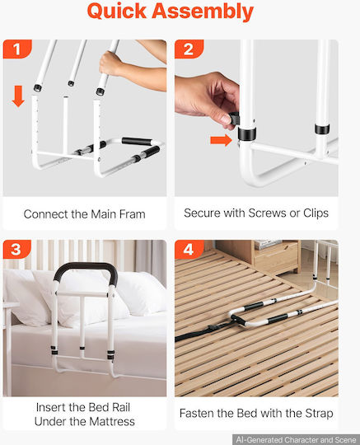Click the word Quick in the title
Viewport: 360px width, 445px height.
(x=116, y=11)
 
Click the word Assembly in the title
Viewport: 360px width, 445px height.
(x=203, y=12)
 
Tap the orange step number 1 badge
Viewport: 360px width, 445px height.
(x=17, y=49)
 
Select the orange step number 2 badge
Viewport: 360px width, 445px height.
(x=189, y=49)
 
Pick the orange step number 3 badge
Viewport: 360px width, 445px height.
(x=16, y=249)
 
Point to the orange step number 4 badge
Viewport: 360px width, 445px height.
(x=189, y=250)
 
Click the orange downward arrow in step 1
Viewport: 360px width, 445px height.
(x=18, y=96)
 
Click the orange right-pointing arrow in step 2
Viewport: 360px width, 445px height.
(x=222, y=140)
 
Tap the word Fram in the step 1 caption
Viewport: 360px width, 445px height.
(x=132, y=214)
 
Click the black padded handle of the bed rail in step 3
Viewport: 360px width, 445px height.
(x=85, y=268)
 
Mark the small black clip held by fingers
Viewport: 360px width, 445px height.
(x=234, y=118)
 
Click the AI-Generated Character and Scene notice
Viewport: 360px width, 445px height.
(x=296, y=439)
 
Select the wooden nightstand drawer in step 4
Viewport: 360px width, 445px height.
(x=276, y=261)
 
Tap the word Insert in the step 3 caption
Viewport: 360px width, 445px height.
(x=50, y=408)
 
